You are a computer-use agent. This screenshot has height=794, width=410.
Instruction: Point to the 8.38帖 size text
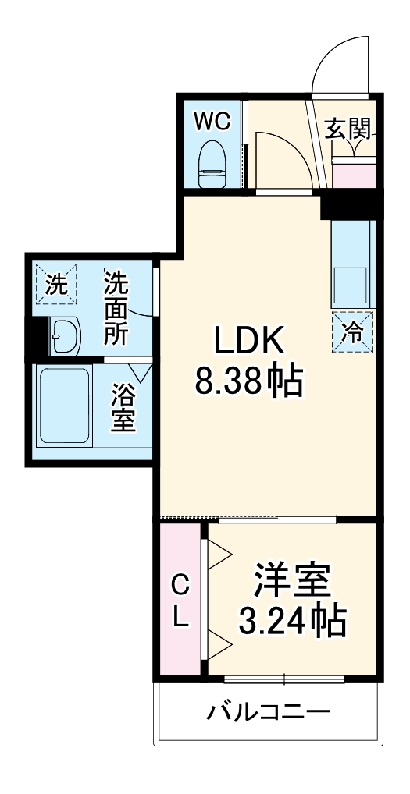(x=248, y=382)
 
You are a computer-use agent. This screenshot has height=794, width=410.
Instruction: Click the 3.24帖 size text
(x=292, y=621)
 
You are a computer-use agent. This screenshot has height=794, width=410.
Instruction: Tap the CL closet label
(x=180, y=601)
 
